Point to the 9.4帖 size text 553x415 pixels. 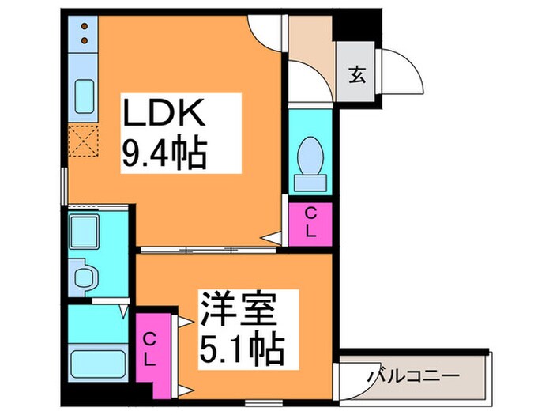coord(164,153)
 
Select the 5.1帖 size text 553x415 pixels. coord(236,345)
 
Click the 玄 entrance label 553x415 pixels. coord(356,76)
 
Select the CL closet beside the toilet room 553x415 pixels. coord(310,224)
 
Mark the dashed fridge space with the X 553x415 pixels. coord(82,143)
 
